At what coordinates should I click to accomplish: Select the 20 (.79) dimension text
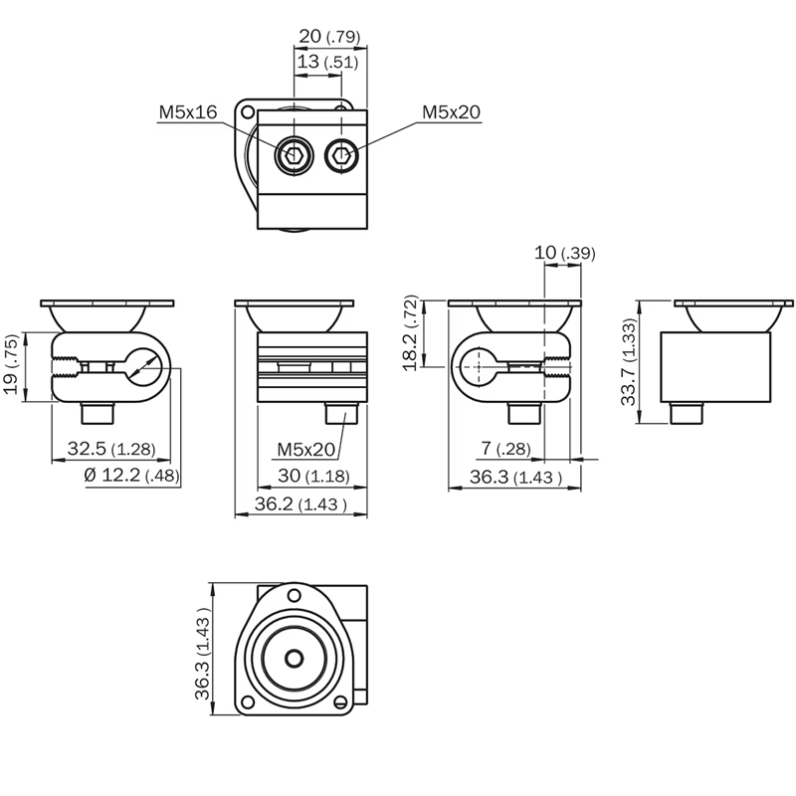click(x=329, y=37)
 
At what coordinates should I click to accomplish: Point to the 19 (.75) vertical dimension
click(x=11, y=367)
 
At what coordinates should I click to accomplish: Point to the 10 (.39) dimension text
click(x=564, y=253)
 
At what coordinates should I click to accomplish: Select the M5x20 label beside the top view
click(x=451, y=112)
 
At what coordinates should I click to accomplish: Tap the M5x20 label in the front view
click(x=305, y=451)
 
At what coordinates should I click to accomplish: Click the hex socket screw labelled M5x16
click(x=294, y=154)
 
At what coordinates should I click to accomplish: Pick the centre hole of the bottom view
click(x=295, y=659)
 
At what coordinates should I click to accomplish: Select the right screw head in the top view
click(x=341, y=154)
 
